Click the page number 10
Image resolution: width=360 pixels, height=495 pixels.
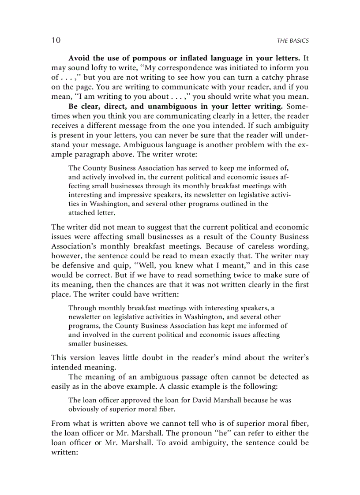tap(56, 40)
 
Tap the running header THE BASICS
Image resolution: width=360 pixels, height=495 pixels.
tap(292, 41)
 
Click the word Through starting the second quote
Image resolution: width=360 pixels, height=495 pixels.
tap(82, 308)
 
